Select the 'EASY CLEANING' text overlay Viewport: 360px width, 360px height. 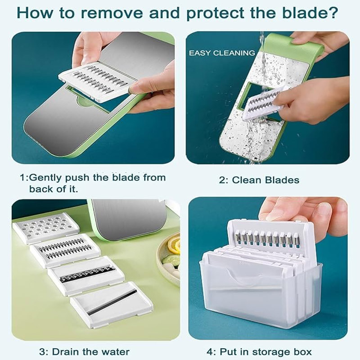point(222,53)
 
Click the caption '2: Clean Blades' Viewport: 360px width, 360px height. point(259,180)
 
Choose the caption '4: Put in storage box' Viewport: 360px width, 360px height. point(265,351)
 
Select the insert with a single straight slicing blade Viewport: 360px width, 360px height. point(111,299)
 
